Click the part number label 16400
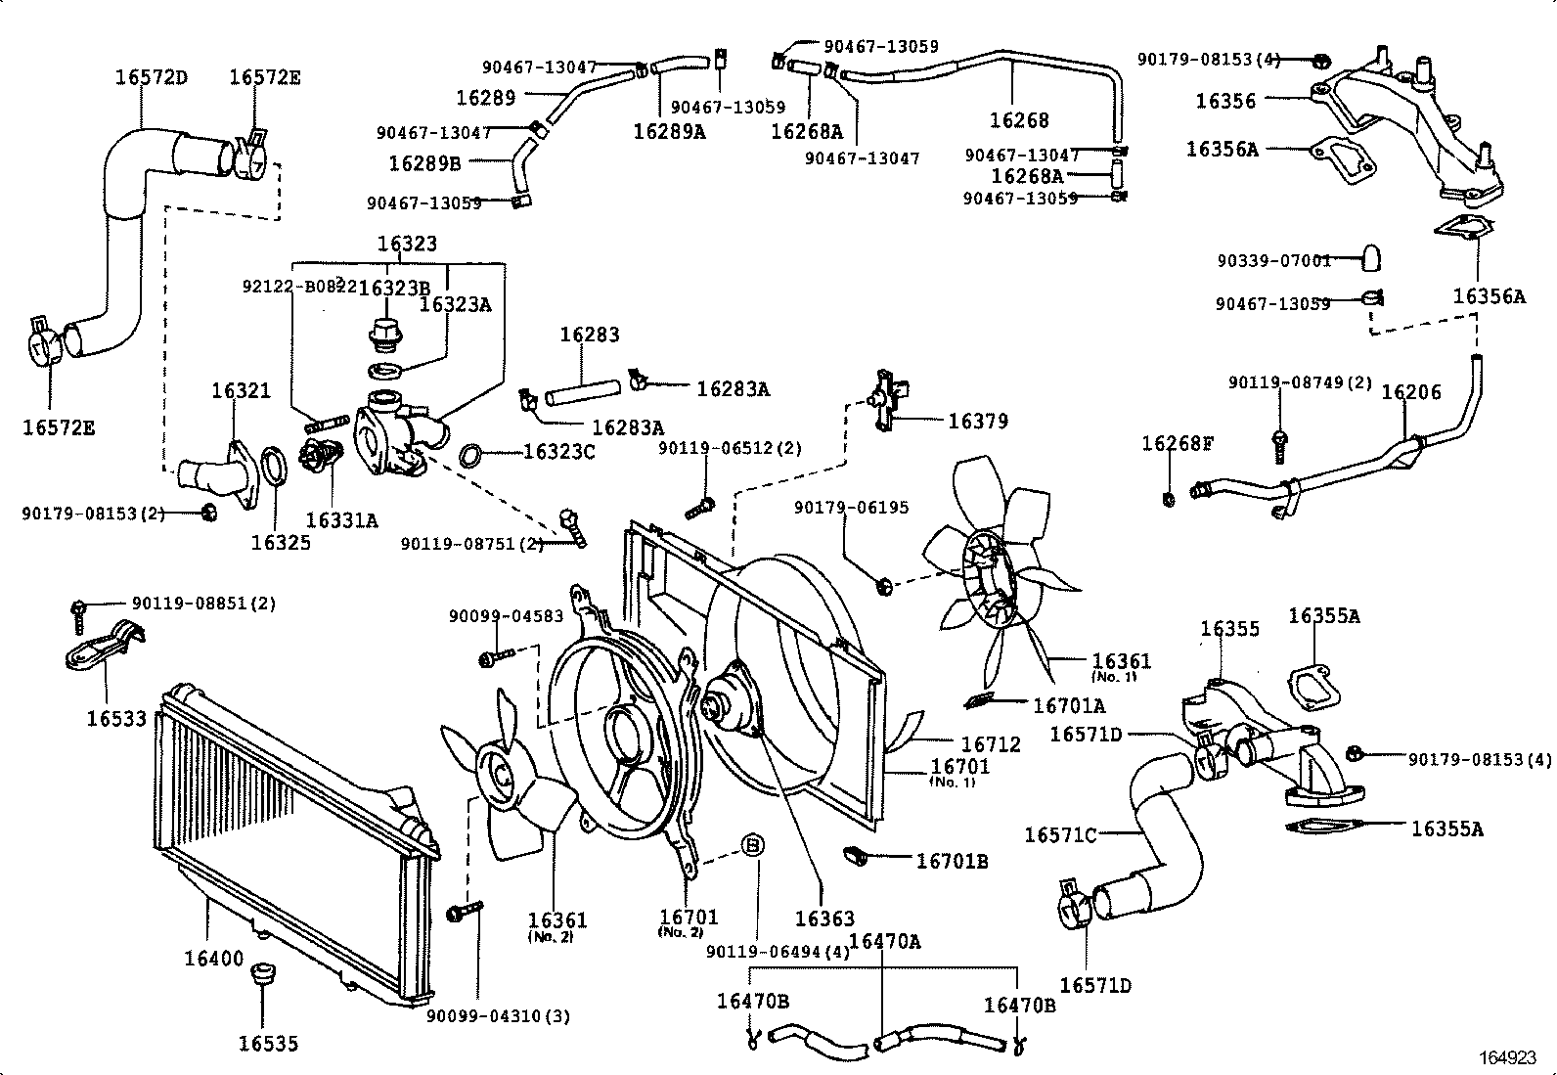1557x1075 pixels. (x=213, y=959)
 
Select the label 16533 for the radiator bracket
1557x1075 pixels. (x=116, y=719)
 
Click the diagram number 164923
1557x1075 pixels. (x=1507, y=1057)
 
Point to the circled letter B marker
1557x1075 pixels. (x=753, y=845)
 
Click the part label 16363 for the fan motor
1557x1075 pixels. (x=824, y=918)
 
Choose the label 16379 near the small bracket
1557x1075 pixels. (x=978, y=422)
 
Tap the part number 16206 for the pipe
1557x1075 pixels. (x=1411, y=392)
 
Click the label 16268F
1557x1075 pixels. (x=1178, y=444)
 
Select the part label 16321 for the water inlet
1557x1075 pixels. (x=241, y=391)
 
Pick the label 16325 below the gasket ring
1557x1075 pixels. (x=281, y=542)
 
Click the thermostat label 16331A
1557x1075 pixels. (x=341, y=520)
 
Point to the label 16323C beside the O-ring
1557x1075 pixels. (x=559, y=452)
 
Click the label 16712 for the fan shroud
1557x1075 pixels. (x=991, y=744)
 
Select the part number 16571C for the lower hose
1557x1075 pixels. (x=1061, y=834)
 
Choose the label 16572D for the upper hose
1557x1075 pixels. (x=151, y=77)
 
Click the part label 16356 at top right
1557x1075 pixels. (x=1225, y=101)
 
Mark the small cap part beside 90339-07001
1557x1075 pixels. (x=1371, y=258)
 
